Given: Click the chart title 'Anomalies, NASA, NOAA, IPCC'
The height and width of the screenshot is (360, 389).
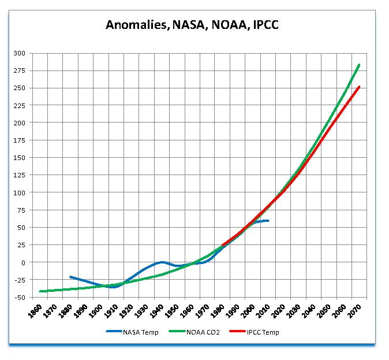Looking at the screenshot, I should point(194,25).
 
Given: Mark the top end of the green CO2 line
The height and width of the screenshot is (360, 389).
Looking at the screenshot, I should point(359,65).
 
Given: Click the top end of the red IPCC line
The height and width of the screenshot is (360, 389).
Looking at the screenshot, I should point(359,87).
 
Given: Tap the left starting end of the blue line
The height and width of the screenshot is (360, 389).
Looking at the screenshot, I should point(70,277).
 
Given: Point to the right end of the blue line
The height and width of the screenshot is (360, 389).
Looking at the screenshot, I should point(268,220).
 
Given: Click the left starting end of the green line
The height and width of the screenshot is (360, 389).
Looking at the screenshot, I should point(40,291).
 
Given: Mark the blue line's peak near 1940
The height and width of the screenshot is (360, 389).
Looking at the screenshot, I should point(162,262).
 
